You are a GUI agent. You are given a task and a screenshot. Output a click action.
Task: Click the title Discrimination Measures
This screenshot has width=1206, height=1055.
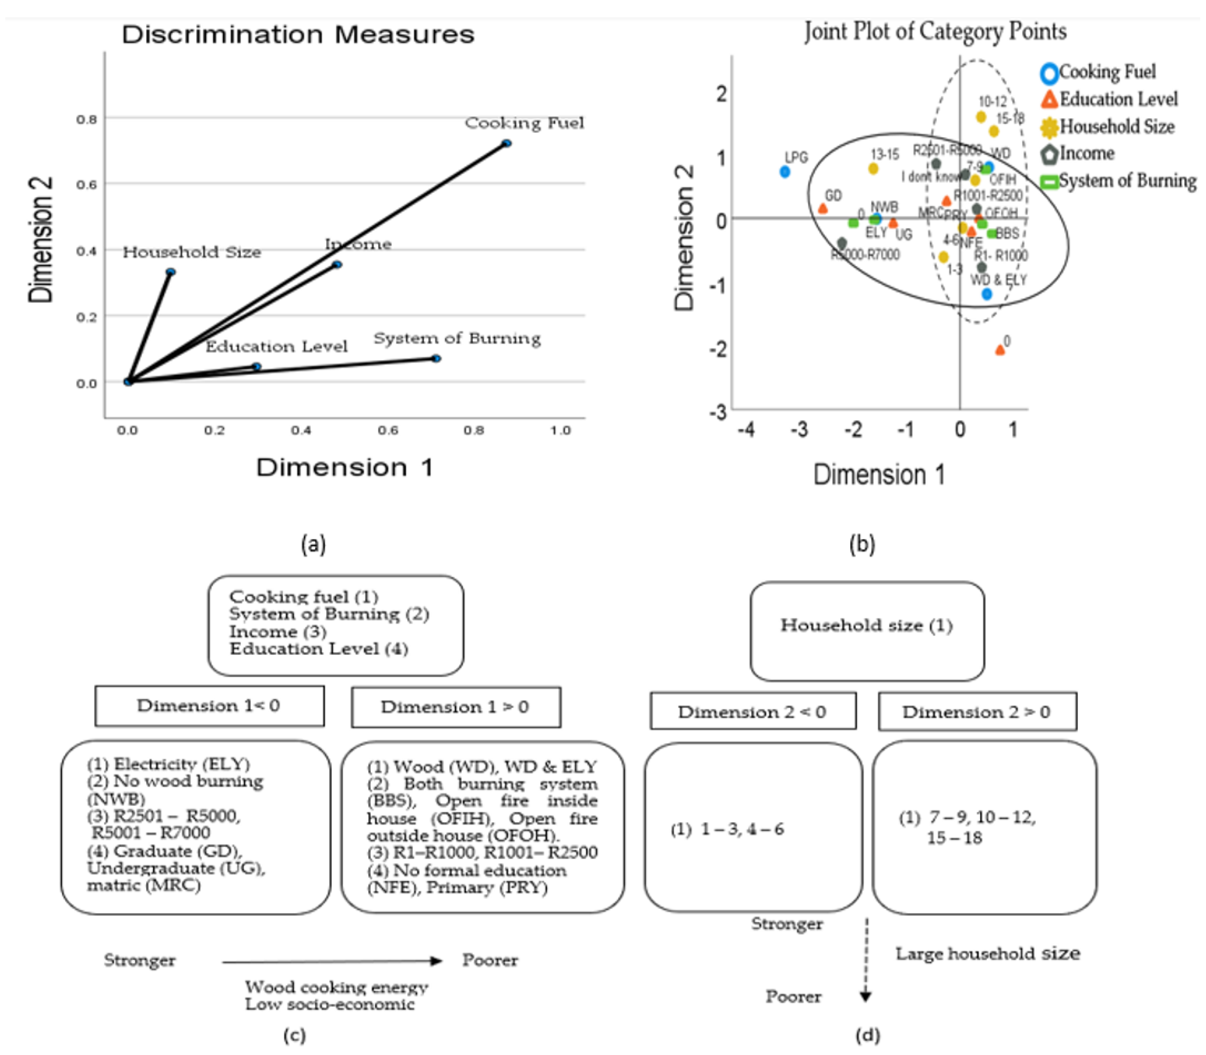pyautogui.click(x=298, y=35)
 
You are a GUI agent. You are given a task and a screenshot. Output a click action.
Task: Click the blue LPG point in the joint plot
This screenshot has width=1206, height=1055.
pyautogui.click(x=784, y=171)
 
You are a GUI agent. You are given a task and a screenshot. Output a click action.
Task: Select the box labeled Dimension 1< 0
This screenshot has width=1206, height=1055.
pyautogui.click(x=209, y=706)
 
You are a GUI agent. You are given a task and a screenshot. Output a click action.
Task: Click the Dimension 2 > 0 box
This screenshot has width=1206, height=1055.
pyautogui.click(x=977, y=712)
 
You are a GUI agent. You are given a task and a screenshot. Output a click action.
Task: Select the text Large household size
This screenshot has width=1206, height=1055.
pyautogui.click(x=988, y=954)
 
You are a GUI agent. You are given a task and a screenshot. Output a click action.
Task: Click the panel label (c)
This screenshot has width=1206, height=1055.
pyautogui.click(x=294, y=1035)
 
